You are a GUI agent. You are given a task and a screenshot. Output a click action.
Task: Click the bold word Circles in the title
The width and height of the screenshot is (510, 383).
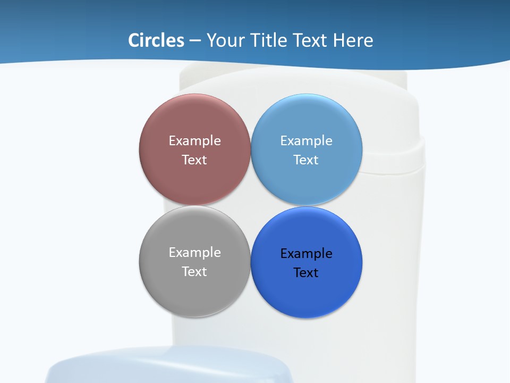156,40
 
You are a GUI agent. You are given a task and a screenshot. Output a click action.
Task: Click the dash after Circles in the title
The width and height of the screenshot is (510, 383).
194,41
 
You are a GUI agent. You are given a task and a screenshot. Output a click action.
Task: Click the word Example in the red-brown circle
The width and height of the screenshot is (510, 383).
194,141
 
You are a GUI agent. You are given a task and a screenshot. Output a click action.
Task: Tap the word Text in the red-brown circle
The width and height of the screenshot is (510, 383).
194,160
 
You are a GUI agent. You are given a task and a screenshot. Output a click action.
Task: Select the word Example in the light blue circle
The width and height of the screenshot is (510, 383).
307,141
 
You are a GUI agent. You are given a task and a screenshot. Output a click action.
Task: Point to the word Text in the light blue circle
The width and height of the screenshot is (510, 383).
307,160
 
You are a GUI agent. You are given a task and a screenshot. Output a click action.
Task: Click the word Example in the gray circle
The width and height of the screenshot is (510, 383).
194,253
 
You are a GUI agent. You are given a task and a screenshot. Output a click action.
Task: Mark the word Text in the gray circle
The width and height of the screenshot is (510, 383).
194,272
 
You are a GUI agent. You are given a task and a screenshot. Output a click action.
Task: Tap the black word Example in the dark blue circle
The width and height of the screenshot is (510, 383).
307,254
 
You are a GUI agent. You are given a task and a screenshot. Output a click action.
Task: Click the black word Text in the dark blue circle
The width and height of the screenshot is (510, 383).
307,273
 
